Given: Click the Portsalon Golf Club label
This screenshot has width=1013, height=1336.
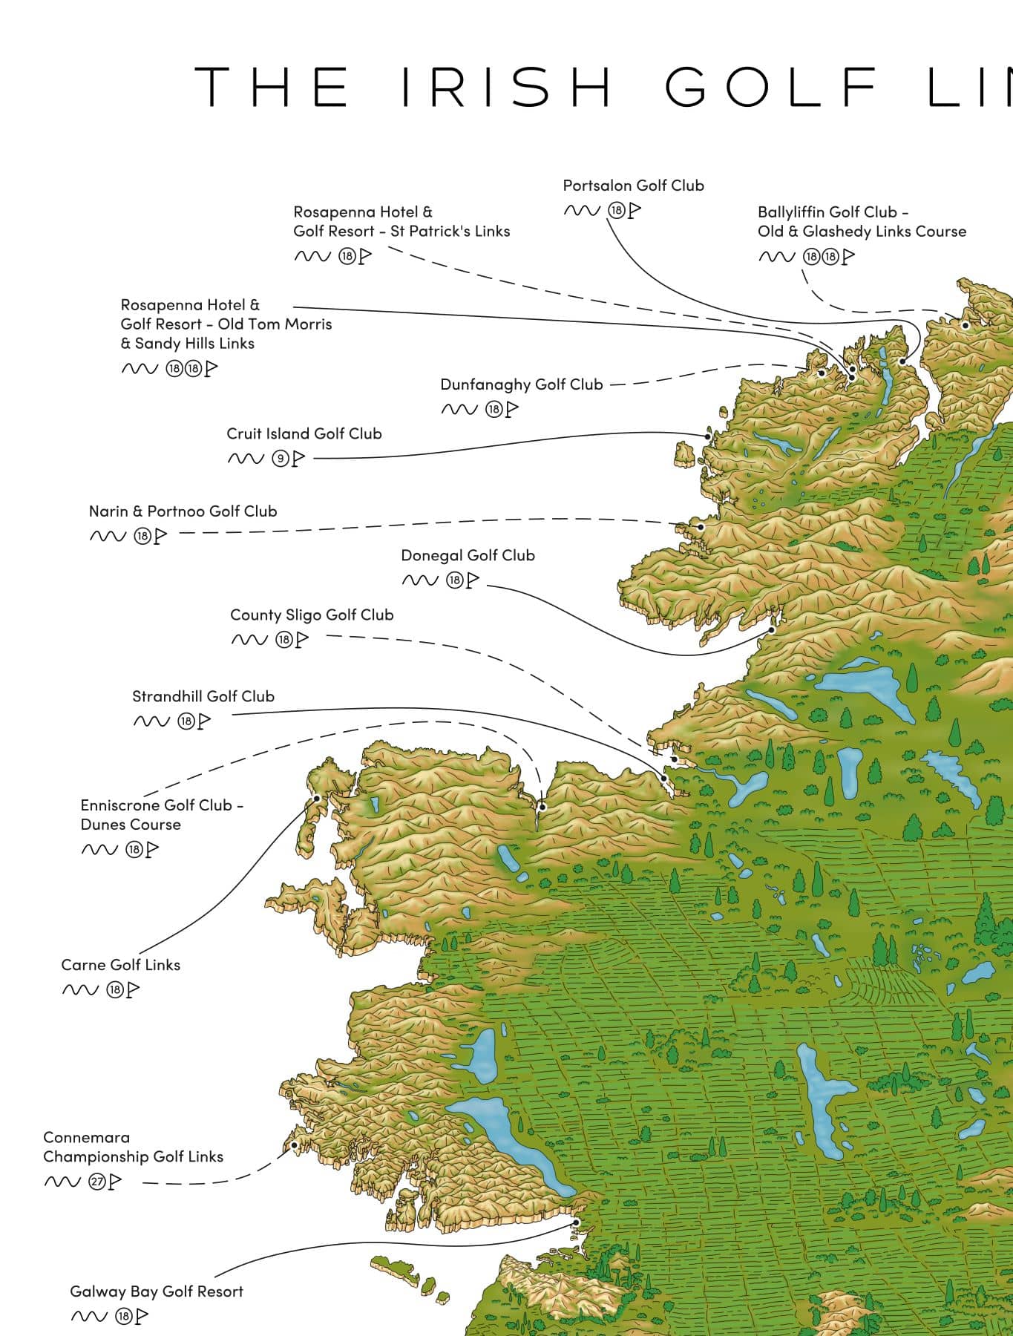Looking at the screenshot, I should click(x=633, y=186).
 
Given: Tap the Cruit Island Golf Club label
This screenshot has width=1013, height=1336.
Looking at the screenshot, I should click(x=304, y=433).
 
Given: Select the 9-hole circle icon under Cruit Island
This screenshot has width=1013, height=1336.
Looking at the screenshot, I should click(x=280, y=459).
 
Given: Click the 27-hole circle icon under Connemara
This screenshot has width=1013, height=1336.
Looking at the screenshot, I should click(x=96, y=1182).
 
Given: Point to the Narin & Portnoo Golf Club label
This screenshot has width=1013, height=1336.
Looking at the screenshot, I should click(x=183, y=511).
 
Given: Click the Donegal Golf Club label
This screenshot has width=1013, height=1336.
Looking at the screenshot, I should click(x=468, y=555).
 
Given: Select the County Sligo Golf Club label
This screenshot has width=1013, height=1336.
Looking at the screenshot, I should click(x=312, y=615).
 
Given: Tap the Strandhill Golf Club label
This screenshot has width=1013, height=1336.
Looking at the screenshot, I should click(x=203, y=696).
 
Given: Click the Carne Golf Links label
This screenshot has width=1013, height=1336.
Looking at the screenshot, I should click(x=120, y=965).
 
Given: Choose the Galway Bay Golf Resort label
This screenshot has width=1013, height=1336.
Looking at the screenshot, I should click(x=157, y=1291).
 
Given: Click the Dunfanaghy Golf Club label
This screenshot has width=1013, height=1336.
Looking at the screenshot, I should click(x=521, y=384).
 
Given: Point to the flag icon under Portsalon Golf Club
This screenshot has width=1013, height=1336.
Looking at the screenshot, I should click(x=635, y=211).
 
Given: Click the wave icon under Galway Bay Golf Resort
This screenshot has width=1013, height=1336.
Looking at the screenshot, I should click(x=89, y=1317).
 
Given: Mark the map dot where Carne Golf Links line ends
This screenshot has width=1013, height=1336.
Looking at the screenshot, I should click(x=317, y=799).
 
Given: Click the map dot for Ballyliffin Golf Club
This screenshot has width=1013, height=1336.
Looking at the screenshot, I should click(x=966, y=325).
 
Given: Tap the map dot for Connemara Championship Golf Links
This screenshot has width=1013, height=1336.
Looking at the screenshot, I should click(x=295, y=1145).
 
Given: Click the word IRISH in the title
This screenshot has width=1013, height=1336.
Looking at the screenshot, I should click(x=507, y=87).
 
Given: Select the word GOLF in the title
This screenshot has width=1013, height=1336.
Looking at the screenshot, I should click(x=772, y=87).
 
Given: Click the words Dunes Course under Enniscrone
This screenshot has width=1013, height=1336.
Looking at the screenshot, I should click(x=131, y=825).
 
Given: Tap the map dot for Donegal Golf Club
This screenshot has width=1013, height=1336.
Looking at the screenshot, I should click(x=772, y=629).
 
